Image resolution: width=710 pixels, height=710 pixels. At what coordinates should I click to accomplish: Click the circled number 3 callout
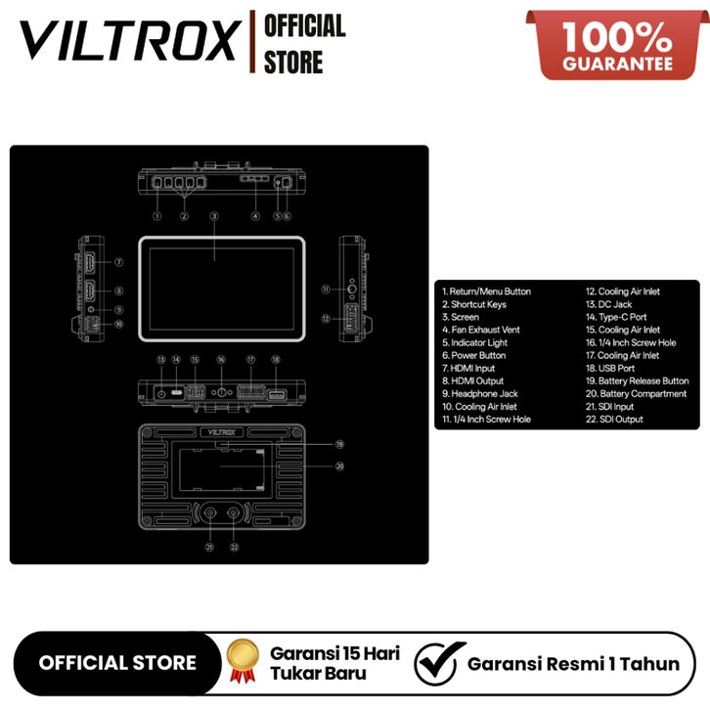click(214, 215)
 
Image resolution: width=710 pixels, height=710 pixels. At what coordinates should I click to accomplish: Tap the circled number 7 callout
click(118, 262)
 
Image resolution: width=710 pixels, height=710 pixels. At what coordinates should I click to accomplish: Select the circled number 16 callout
click(221, 360)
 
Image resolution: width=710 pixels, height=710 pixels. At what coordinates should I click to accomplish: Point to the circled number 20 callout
click(339, 466)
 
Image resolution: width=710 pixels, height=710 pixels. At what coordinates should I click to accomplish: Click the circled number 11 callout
click(326, 289)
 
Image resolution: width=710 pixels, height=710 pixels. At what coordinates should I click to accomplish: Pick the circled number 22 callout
click(234, 548)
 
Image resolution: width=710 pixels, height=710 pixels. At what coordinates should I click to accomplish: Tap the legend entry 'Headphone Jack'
click(484, 394)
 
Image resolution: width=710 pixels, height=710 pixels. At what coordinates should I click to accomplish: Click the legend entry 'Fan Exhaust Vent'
click(485, 331)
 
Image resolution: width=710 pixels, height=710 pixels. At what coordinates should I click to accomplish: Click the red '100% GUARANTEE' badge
click(616, 44)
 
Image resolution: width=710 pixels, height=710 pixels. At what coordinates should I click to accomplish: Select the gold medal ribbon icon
click(241, 662)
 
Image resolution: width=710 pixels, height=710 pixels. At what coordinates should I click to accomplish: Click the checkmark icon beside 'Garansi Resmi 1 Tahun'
click(436, 663)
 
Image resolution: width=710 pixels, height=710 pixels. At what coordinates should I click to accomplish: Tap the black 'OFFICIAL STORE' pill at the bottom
click(116, 663)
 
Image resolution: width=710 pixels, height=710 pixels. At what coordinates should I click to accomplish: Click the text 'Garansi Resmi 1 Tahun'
click(573, 663)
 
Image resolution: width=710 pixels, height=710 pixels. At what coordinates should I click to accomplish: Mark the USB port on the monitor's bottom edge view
click(275, 395)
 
